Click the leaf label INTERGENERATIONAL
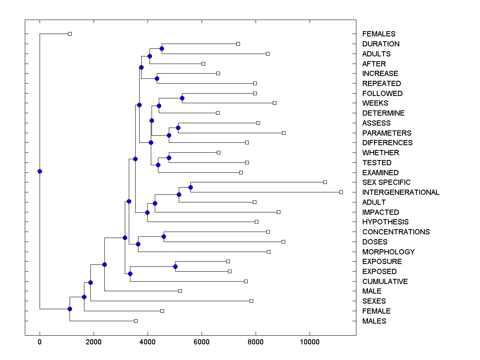pyautogui.click(x=400, y=192)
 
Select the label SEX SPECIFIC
pyautogui.click(x=386, y=182)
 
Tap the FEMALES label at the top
pyautogui.click(x=378, y=34)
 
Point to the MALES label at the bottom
pyautogui.click(x=374, y=321)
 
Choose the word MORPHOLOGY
pyautogui.click(x=388, y=252)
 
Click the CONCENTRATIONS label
pyautogui.click(x=396, y=232)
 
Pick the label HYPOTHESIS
pyautogui.click(x=385, y=222)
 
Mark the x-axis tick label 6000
pyautogui.click(x=202, y=342)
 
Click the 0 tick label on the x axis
pyautogui.click(x=40, y=342)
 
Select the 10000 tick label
pyautogui.click(x=310, y=342)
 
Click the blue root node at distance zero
pyautogui.click(x=40, y=172)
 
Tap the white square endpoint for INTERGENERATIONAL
pyautogui.click(x=341, y=192)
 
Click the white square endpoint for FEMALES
pyautogui.click(x=70, y=34)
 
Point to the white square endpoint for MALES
pyautogui.click(x=136, y=321)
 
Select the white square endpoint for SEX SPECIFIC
pyautogui.click(x=325, y=182)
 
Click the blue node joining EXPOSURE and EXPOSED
pyautogui.click(x=175, y=266)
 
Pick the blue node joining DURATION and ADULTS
pyautogui.click(x=162, y=49)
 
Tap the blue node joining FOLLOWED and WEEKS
pyautogui.click(x=182, y=98)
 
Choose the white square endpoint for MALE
pyautogui.click(x=180, y=291)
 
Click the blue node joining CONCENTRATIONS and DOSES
pyautogui.click(x=164, y=237)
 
